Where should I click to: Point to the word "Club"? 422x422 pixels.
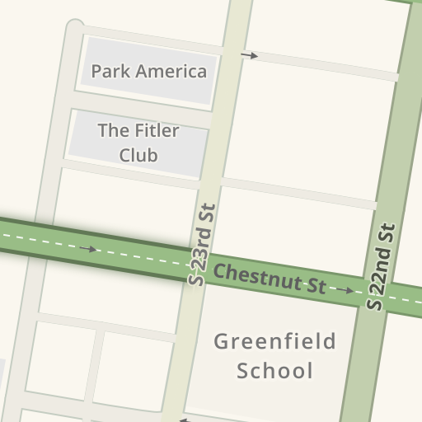pos(138,155)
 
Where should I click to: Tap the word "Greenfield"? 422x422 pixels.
pos(274,341)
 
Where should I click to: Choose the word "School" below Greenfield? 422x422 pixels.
pos(274,370)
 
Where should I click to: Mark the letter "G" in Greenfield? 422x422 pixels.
pos(222,341)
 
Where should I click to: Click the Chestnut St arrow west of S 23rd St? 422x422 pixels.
pos(89,249)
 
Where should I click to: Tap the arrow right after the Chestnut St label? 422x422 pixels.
pos(345,290)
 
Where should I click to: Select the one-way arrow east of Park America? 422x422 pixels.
pos(249,56)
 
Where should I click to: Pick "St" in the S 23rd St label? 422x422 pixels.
pos(208,214)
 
